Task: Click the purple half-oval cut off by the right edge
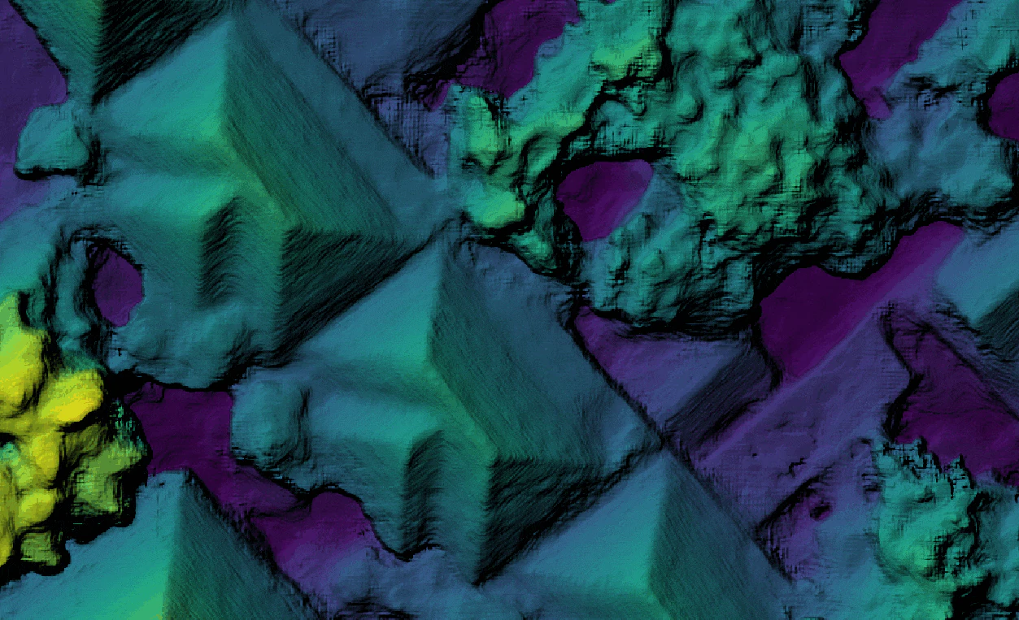click(x=1005, y=106)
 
